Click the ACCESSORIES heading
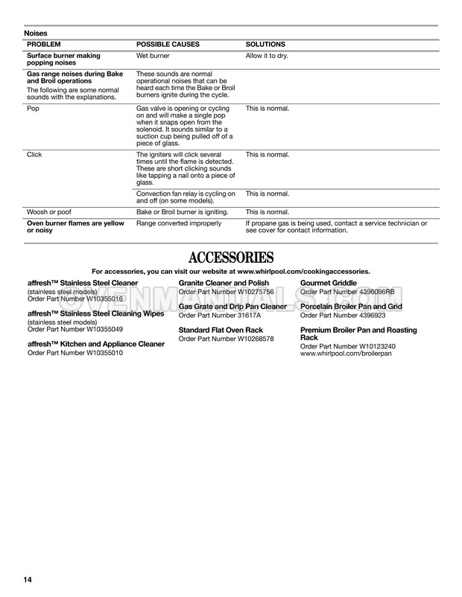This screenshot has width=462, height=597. (x=231, y=258)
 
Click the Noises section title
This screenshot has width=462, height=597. (x=36, y=33)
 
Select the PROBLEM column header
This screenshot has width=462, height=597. (x=44, y=45)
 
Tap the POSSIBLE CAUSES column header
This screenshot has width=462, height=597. (x=168, y=45)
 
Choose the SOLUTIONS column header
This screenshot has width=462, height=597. (x=265, y=45)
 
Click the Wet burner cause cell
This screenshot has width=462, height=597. (x=153, y=56)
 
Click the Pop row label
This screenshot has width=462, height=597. (x=33, y=109)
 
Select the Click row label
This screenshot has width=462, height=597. (x=34, y=154)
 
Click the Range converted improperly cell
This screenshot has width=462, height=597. (x=178, y=223)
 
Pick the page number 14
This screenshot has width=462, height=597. (x=28, y=579)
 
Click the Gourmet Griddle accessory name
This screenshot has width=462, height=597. (x=329, y=284)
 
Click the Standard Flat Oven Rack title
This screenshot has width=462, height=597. (x=221, y=330)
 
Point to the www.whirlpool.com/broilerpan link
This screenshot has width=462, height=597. (x=346, y=354)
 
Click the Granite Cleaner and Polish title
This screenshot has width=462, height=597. (x=224, y=284)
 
